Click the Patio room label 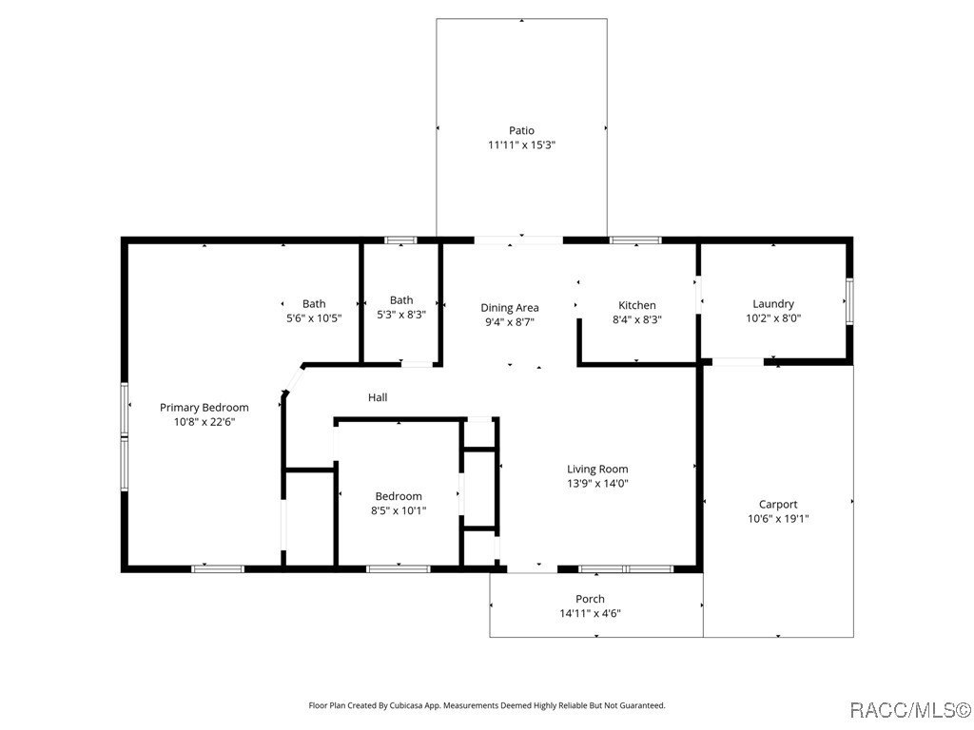pyautogui.click(x=521, y=130)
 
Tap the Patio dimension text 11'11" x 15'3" pyautogui.click(x=521, y=145)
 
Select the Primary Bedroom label pyautogui.click(x=204, y=407)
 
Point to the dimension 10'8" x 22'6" pyautogui.click(x=204, y=421)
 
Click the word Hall pyautogui.click(x=378, y=397)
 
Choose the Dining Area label pyautogui.click(x=510, y=307)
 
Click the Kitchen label pyautogui.click(x=636, y=305)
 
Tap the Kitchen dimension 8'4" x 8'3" pyautogui.click(x=636, y=319)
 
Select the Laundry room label pyautogui.click(x=772, y=304)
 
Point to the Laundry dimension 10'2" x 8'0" pyautogui.click(x=772, y=318)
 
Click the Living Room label pyautogui.click(x=597, y=469)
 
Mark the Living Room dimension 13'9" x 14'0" pyautogui.click(x=597, y=483)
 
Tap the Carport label pyautogui.click(x=778, y=504)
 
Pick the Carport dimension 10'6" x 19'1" pyautogui.click(x=778, y=519)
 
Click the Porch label pyautogui.click(x=590, y=599)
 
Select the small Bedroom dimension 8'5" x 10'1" pyautogui.click(x=399, y=510)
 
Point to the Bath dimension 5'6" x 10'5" pyautogui.click(x=314, y=318)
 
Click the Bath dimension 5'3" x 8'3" pyautogui.click(x=401, y=314)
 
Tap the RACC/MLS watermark pyautogui.click(x=908, y=710)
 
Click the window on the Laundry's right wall pyautogui.click(x=849, y=300)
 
